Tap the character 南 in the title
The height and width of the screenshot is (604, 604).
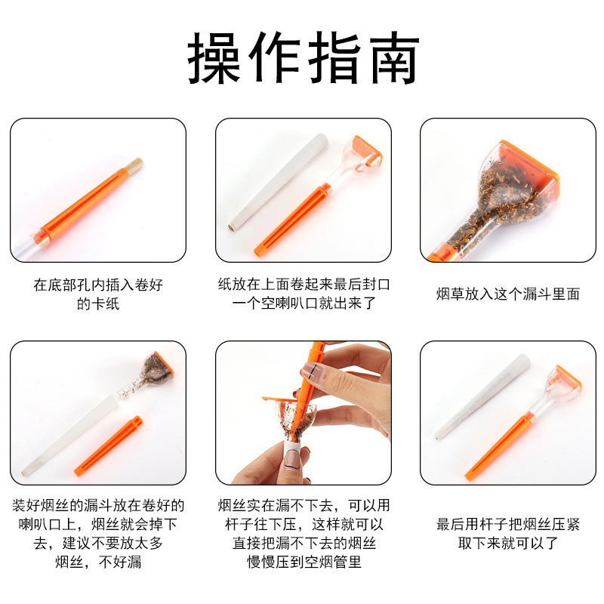(x=390, y=59)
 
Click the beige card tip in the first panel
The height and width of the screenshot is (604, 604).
(x=136, y=163)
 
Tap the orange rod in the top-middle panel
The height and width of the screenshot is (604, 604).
(x=291, y=223)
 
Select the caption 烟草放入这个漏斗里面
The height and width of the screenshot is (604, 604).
(x=507, y=294)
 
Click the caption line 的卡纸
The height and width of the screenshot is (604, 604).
(x=98, y=304)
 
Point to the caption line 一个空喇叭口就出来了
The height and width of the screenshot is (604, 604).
(x=304, y=304)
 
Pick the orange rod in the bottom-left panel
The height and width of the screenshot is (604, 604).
(x=109, y=445)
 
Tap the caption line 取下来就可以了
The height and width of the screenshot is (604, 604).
(x=507, y=544)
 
